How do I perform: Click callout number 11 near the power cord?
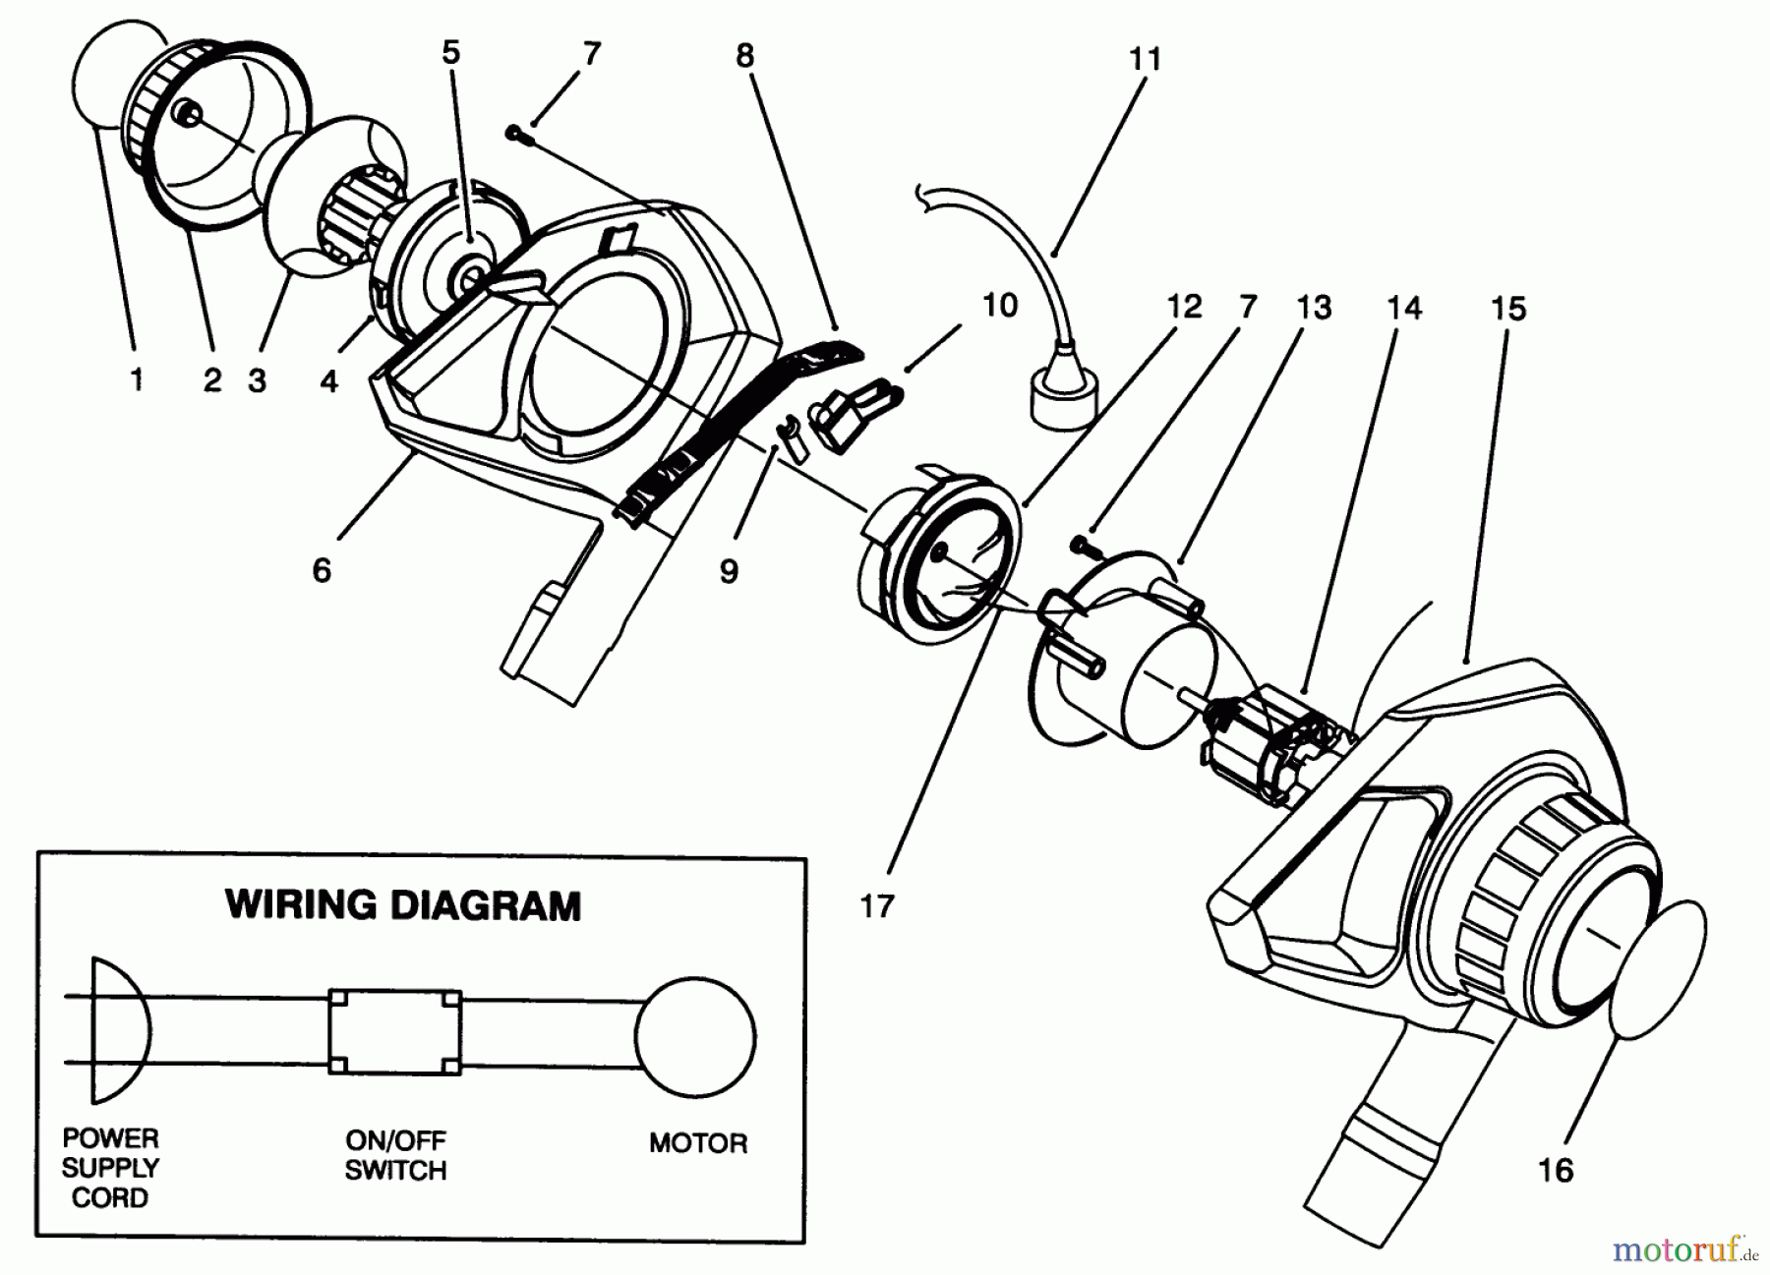point(1145,59)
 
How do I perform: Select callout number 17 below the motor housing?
point(876,905)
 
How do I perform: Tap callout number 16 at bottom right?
point(1556,1170)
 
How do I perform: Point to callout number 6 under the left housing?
point(322,570)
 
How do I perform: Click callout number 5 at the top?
point(450,52)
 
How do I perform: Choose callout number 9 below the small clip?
point(729,571)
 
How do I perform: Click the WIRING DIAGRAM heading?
point(403,904)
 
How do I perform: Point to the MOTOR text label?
point(697,1143)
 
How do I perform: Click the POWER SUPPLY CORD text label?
point(110,1168)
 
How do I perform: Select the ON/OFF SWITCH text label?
point(395,1155)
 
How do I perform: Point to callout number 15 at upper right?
point(1507,308)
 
